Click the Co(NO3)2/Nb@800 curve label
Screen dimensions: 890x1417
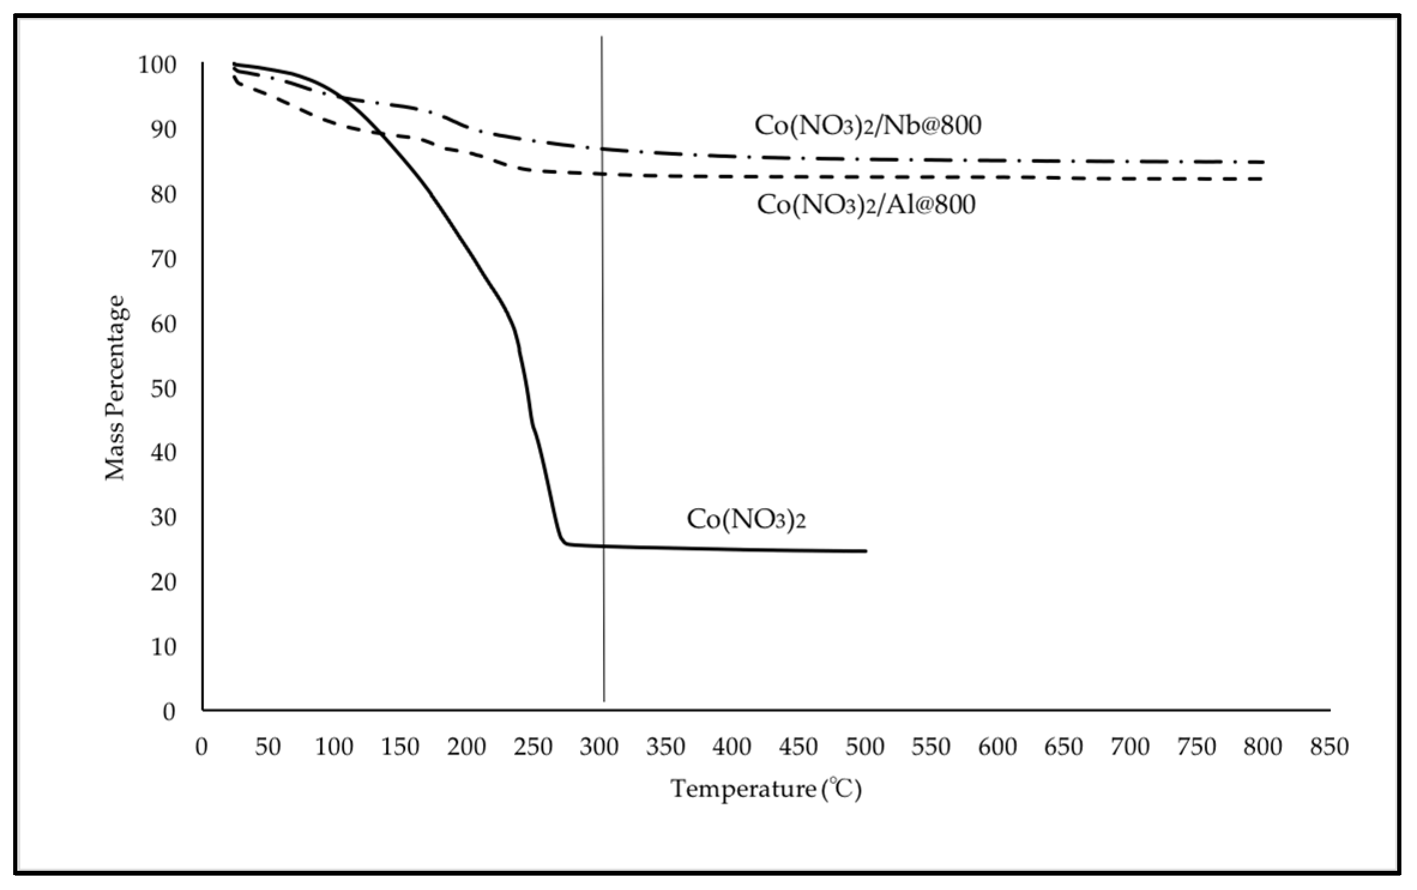pos(867,125)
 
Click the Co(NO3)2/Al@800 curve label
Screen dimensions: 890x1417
pos(866,204)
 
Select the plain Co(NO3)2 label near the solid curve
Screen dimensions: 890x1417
pos(746,519)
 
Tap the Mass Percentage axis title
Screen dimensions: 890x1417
pos(115,388)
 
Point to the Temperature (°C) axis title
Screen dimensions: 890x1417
pos(765,789)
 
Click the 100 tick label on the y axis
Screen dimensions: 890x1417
pos(157,65)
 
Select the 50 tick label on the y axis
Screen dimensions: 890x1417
pos(163,388)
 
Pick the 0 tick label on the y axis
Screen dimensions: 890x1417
pos(169,712)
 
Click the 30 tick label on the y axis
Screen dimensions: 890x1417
pos(163,517)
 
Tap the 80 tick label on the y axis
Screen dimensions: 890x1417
pos(163,194)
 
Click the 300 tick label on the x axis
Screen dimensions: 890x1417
pos(599,747)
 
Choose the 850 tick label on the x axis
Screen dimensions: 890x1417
pos(1329,747)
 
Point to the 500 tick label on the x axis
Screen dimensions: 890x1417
pos(864,747)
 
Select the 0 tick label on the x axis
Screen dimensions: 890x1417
pos(201,747)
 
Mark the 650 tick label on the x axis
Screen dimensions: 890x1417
pos(1063,747)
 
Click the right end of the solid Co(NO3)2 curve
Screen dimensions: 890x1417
pos(866,551)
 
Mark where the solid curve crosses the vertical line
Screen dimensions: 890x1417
pos(603,546)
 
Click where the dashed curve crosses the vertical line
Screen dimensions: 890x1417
pos(603,174)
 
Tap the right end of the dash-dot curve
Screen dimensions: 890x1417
pos(1263,162)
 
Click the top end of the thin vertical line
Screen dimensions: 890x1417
pos(602,38)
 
